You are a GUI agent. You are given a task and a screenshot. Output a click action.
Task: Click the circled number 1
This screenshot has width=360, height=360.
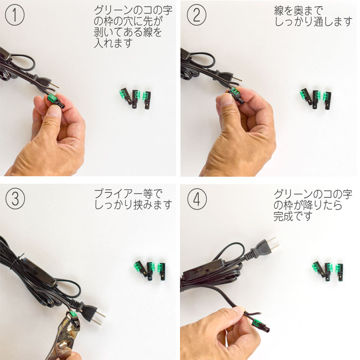14,15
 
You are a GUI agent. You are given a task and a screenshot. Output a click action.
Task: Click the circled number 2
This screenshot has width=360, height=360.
196,15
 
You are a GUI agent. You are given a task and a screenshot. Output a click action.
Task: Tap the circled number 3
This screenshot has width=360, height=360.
15,199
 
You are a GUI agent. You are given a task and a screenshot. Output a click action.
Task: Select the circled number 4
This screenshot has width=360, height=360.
197,199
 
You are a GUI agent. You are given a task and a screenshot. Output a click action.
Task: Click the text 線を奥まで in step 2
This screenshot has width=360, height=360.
298,11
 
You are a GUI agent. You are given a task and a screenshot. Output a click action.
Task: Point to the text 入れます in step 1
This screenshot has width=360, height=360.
113,43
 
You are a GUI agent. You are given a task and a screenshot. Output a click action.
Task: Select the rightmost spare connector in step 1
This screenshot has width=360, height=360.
147,100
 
